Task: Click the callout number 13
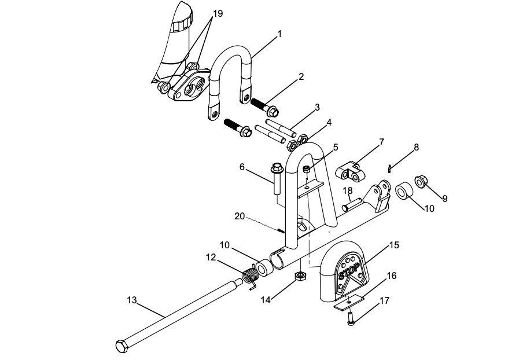[132, 299]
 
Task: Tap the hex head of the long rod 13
[122, 347]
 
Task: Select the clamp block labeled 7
[351, 172]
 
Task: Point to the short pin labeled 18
[354, 203]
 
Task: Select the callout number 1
[279, 34]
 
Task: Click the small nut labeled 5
[307, 169]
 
